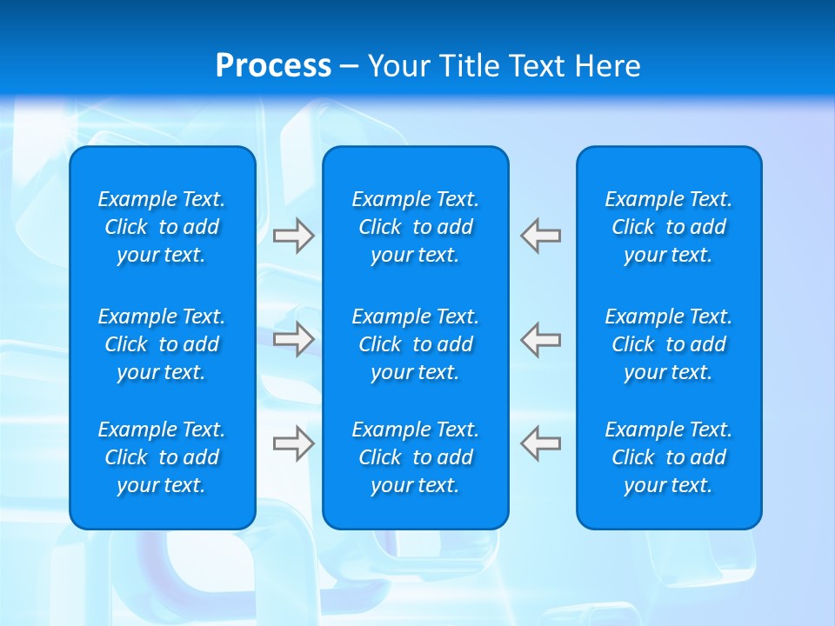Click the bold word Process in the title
(x=273, y=66)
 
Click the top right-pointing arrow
(x=294, y=236)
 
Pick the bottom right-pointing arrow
(x=294, y=443)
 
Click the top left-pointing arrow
(x=540, y=236)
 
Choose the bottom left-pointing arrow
(x=540, y=443)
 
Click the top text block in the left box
(x=162, y=227)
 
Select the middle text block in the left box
(x=162, y=344)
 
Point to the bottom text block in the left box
(x=162, y=457)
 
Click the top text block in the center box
(x=416, y=227)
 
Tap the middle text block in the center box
(x=416, y=344)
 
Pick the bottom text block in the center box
(x=416, y=457)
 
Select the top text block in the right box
(x=669, y=227)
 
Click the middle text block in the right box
(x=669, y=344)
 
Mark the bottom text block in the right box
(x=669, y=457)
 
